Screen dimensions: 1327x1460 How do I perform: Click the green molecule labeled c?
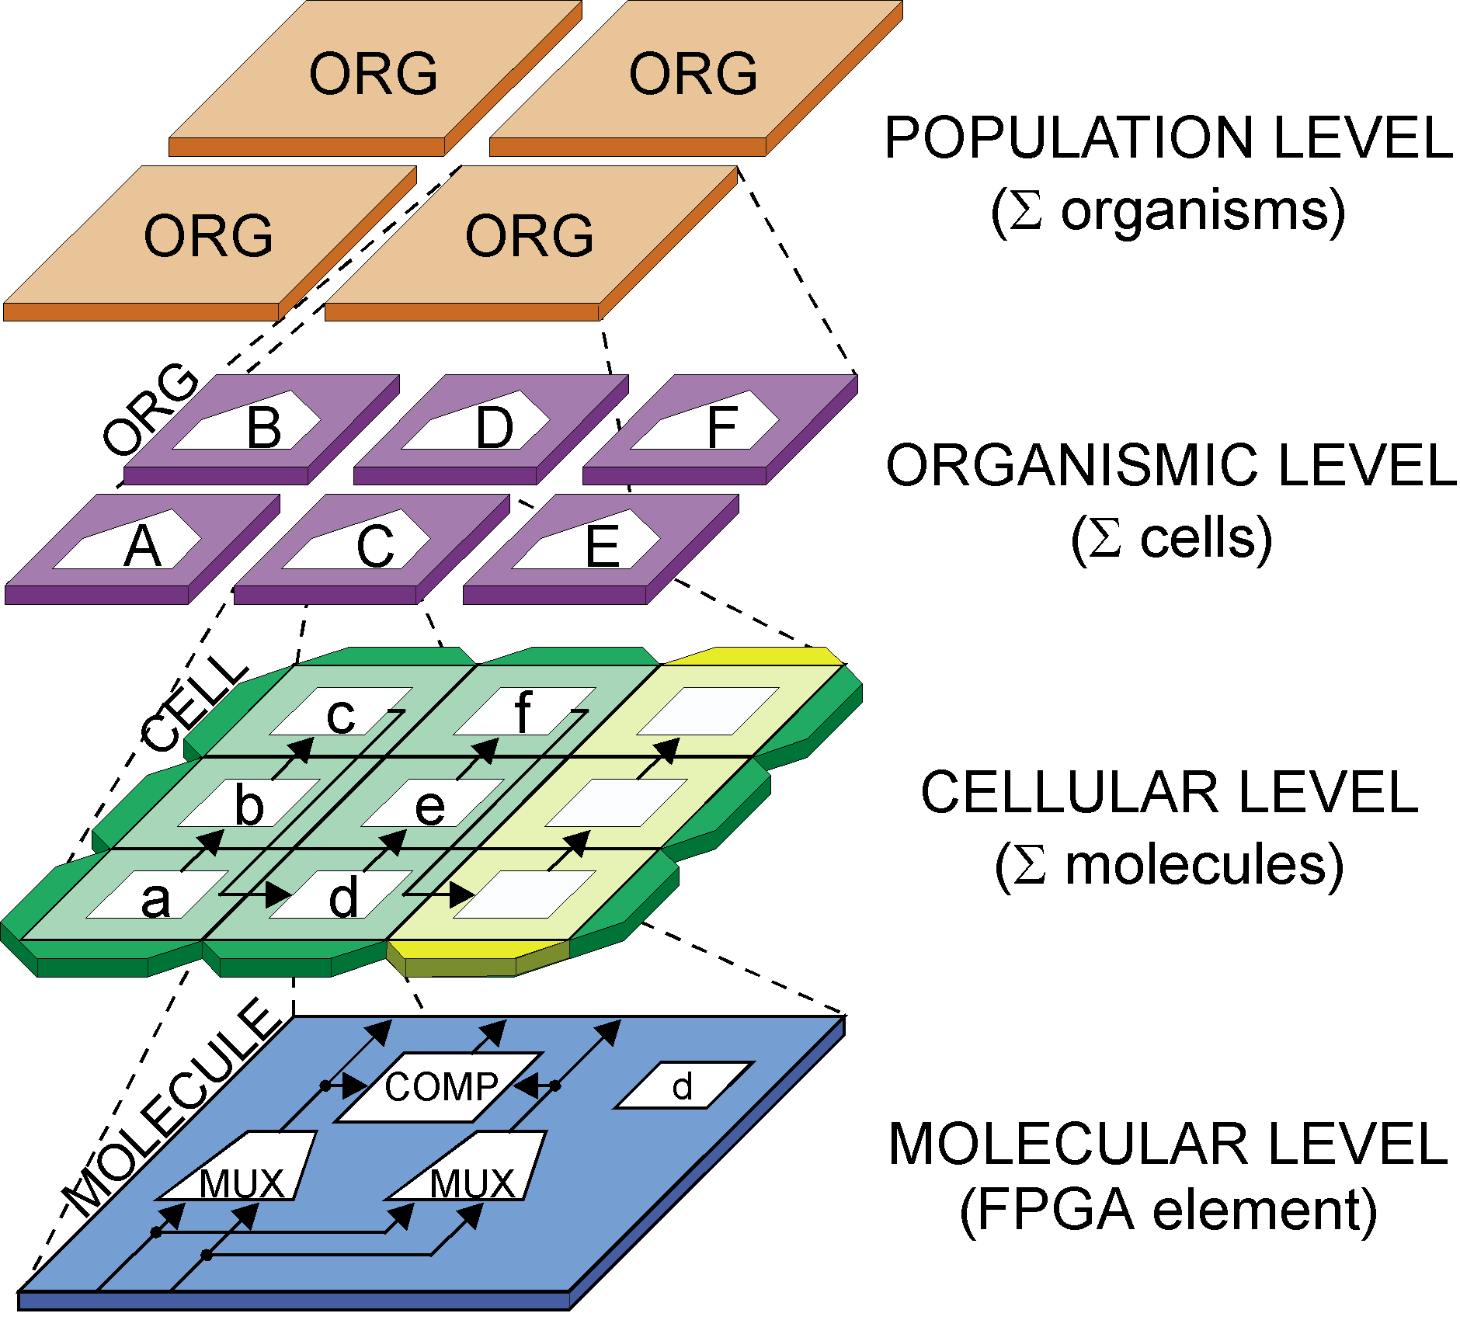click(x=340, y=714)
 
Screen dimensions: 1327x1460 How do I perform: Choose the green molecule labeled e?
click(x=429, y=805)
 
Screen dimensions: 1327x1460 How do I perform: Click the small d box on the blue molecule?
click(x=682, y=1086)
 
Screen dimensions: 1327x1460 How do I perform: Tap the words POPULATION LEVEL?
click(x=1168, y=138)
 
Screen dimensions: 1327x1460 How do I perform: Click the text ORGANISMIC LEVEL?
click(x=1171, y=466)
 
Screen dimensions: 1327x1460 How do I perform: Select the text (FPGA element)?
click(x=1168, y=1210)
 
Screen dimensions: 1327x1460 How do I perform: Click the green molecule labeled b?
click(x=249, y=805)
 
